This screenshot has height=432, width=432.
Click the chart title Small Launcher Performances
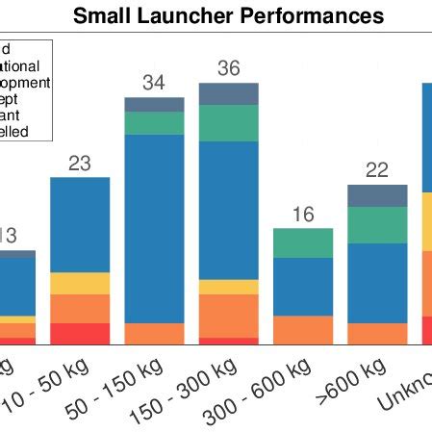229,16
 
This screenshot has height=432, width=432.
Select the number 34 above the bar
154,83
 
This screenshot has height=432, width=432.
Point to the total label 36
228,69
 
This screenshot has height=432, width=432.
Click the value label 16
302,215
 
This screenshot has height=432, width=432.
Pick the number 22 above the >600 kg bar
376,170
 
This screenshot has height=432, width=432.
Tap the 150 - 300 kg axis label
220,395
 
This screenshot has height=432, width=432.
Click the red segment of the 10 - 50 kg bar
80,334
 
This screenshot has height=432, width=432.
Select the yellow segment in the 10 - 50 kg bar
80,283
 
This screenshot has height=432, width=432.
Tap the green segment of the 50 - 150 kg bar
154,123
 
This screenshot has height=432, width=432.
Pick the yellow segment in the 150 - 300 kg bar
228,287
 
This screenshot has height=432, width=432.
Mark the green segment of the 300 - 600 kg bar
302,243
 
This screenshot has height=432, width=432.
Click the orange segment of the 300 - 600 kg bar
302,330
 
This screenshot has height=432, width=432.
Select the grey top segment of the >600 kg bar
376,195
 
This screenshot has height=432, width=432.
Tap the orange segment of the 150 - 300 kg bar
228,316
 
